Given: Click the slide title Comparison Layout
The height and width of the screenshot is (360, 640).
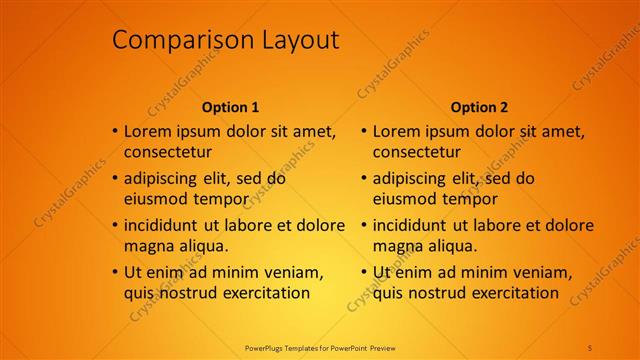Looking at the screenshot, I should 225,40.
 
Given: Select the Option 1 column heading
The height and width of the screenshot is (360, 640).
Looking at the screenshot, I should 230,107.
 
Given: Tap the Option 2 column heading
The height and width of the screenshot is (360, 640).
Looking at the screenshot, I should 479,107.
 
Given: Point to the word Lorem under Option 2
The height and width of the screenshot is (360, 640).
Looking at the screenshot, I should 397,131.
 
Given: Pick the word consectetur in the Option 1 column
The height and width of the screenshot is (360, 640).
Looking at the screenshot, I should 168,153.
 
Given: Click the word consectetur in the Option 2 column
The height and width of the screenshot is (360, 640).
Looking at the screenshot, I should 417,153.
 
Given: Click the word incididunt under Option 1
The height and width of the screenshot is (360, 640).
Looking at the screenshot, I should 167,225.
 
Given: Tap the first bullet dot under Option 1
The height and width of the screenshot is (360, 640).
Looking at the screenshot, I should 115,131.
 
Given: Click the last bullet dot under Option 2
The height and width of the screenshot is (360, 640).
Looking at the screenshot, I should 364,272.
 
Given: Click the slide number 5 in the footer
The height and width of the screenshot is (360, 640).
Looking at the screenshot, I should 590,347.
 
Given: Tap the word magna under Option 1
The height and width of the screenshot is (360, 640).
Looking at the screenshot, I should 148,246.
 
